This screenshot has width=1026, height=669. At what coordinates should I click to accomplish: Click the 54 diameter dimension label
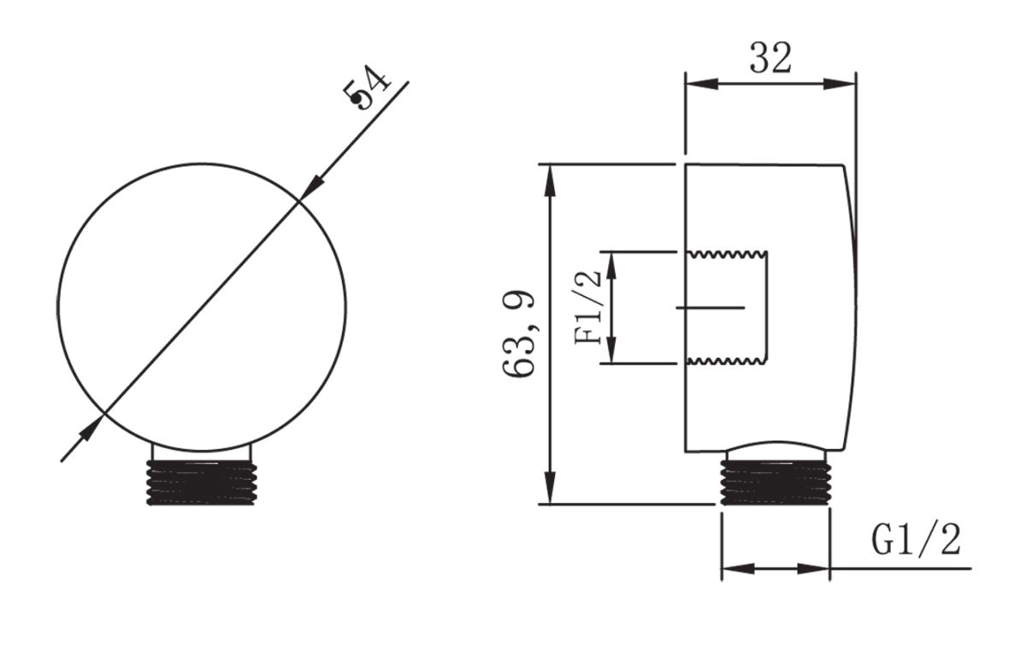point(368,89)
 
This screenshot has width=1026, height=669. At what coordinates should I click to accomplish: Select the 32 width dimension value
point(770,58)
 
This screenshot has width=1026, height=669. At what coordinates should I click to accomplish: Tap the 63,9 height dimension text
point(520,334)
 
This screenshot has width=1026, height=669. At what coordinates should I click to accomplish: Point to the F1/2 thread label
point(587,307)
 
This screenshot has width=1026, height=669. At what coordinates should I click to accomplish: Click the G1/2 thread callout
point(916,540)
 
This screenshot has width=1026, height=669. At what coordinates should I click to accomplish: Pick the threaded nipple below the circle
point(202,483)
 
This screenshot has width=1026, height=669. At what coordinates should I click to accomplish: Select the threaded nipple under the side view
point(775,483)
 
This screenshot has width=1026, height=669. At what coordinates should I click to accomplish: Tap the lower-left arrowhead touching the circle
point(91,428)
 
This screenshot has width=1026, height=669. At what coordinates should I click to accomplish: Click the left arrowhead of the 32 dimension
point(701,84)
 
